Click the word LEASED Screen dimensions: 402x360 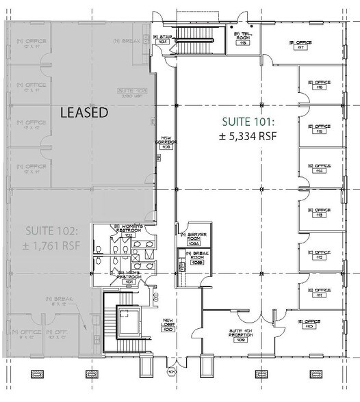84,113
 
